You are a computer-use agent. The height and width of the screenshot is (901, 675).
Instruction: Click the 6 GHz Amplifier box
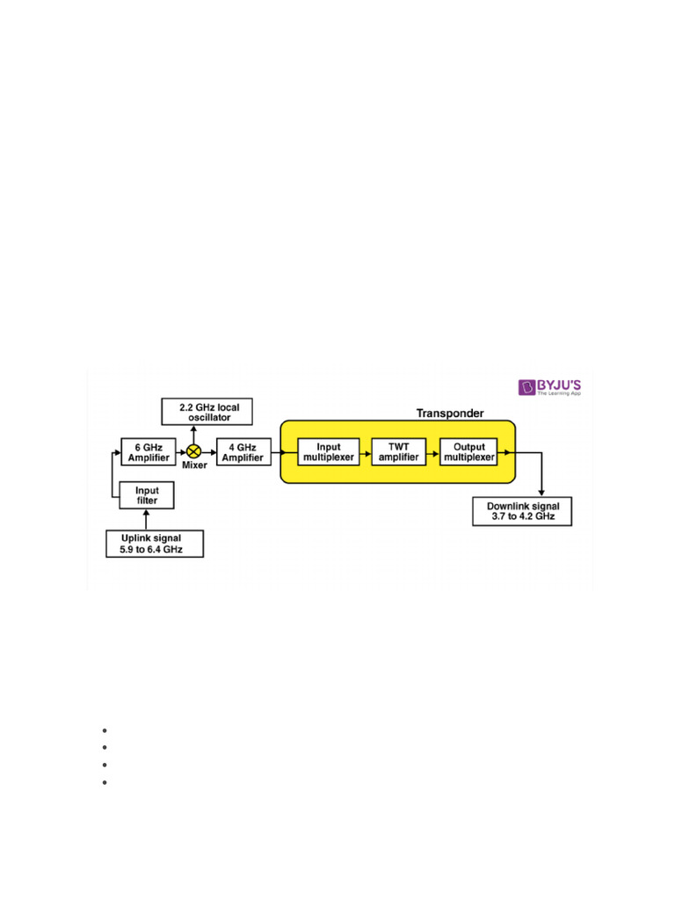tap(148, 450)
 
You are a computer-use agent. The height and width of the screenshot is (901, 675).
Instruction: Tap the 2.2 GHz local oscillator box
tap(207, 412)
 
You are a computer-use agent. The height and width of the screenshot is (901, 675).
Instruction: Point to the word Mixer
tap(194, 466)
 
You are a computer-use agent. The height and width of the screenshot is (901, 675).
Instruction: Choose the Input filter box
tap(147, 495)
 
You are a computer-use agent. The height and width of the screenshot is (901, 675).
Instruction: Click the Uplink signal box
tap(155, 543)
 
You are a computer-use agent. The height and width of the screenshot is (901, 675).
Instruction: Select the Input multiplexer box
tap(328, 450)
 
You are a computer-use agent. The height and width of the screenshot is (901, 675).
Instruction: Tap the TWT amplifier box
tap(399, 450)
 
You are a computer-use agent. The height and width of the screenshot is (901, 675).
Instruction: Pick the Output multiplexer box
tap(468, 450)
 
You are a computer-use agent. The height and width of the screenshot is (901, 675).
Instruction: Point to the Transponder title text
tap(449, 413)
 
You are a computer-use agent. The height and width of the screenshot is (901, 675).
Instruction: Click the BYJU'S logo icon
tap(527, 387)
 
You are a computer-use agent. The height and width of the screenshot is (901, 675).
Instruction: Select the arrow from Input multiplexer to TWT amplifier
tap(366, 450)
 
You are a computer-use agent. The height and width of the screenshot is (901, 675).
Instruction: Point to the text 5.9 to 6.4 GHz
tap(155, 550)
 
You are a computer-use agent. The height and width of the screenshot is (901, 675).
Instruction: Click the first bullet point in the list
tap(104, 731)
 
